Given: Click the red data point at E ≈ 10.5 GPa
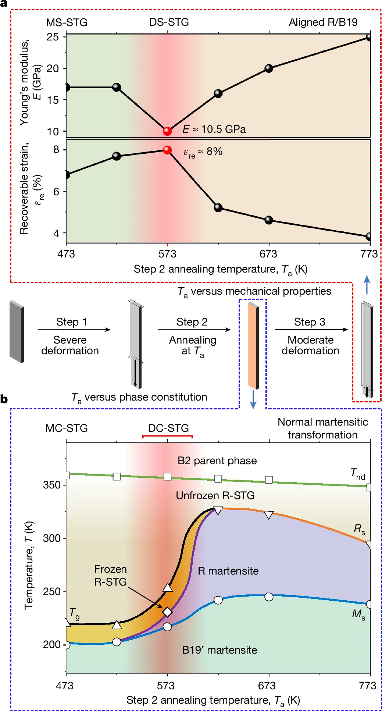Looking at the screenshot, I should pyautogui.click(x=167, y=131).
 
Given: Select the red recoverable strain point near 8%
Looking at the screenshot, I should pyautogui.click(x=167, y=150).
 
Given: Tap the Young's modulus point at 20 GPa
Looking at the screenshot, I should pyautogui.click(x=269, y=68).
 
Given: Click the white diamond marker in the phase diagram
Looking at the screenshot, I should pyautogui.click(x=167, y=612).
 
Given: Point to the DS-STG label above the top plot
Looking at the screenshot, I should pyautogui.click(x=169, y=22).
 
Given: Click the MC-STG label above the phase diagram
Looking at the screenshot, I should pyautogui.click(x=67, y=428).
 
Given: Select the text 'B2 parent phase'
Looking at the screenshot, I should pyautogui.click(x=217, y=461).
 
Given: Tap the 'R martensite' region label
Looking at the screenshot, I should pyautogui.click(x=228, y=571).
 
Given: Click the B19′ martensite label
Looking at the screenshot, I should pyautogui.click(x=219, y=650).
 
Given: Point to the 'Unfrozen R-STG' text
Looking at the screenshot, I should pyautogui.click(x=215, y=495).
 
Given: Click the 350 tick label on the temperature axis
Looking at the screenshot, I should pyautogui.click(x=51, y=485).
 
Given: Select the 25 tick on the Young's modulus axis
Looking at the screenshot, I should pyautogui.click(x=53, y=37).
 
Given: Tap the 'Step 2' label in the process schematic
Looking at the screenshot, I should pyautogui.click(x=192, y=322).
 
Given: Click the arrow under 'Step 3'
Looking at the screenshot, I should pyautogui.click(x=311, y=330).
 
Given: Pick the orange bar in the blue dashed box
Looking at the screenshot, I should pyautogui.click(x=252, y=346).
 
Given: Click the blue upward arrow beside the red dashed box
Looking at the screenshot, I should pyautogui.click(x=367, y=285).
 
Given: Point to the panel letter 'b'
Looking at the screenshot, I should pyautogui.click(x=4, y=399).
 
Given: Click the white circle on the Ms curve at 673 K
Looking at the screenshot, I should pyautogui.click(x=269, y=597).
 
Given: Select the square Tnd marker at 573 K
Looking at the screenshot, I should pyautogui.click(x=167, y=477).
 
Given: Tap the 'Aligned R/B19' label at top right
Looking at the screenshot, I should pyautogui.click(x=323, y=22).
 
